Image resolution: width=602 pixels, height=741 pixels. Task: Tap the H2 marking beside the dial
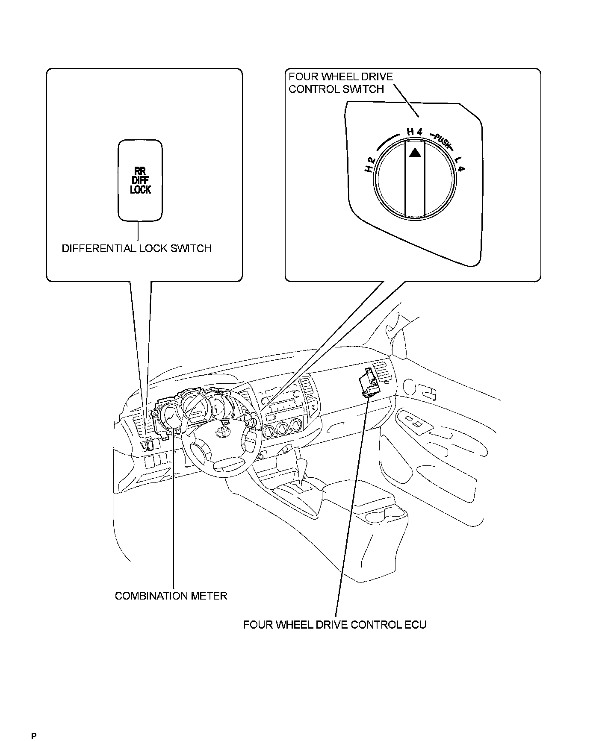(x=370, y=165)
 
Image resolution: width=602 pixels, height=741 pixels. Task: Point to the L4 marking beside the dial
(x=460, y=165)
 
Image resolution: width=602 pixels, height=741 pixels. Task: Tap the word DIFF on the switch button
(x=140, y=180)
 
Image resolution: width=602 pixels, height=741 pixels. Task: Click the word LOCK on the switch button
(x=140, y=189)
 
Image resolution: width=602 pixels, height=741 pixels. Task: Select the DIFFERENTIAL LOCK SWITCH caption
(x=136, y=248)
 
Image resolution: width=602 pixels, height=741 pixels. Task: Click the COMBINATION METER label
(x=171, y=596)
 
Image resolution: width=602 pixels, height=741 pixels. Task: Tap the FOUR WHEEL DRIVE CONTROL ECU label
(x=335, y=625)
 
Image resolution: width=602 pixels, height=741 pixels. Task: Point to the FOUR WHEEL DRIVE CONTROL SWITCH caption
(x=340, y=83)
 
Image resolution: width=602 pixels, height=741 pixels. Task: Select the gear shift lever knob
(x=303, y=465)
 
